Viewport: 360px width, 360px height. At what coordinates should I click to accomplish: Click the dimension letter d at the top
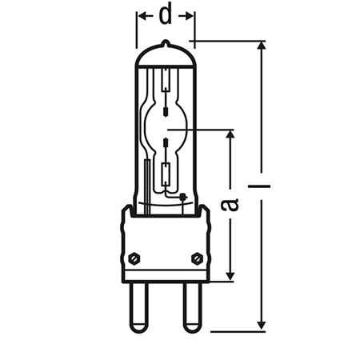click(x=166, y=14)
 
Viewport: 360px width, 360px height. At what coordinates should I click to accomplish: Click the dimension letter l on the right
click(x=261, y=186)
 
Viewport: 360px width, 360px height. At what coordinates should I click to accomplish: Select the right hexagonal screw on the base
click(x=197, y=258)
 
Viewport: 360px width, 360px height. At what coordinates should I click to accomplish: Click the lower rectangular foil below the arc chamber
click(x=166, y=173)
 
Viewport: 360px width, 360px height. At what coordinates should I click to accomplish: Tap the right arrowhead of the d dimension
click(x=190, y=14)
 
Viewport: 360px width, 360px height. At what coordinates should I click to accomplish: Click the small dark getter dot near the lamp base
click(x=184, y=197)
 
